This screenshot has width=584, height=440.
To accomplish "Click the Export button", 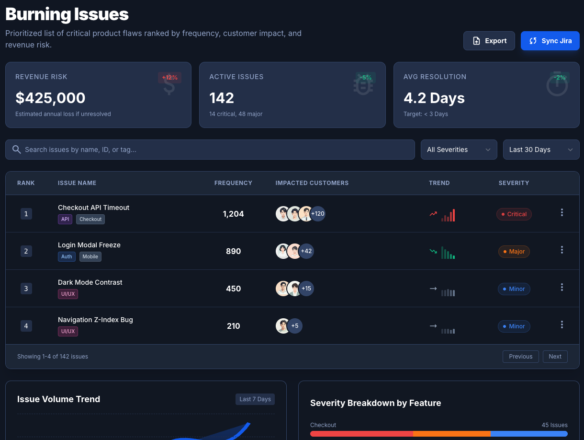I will (x=489, y=41).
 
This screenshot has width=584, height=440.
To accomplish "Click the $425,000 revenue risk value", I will (x=50, y=98).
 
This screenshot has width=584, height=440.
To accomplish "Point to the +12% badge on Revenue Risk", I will (x=169, y=78).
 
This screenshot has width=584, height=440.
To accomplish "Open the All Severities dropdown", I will (x=459, y=150).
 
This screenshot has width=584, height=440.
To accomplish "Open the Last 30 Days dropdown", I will (x=541, y=150).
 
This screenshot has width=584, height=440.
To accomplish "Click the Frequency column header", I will (x=233, y=183).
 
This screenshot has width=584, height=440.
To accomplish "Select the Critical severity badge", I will (x=514, y=214).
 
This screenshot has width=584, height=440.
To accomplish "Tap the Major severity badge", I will (x=514, y=252).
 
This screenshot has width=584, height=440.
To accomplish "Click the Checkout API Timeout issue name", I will (x=93, y=208).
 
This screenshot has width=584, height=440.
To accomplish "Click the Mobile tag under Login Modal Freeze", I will (x=90, y=256).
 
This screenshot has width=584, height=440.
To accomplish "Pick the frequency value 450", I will (x=233, y=289).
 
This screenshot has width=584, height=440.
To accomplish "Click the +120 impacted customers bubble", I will (x=317, y=214).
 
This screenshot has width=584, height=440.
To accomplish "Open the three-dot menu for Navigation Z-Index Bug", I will (x=562, y=324).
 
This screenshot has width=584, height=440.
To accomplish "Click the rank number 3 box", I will (x=26, y=289).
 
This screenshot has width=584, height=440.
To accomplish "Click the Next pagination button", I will (x=555, y=357).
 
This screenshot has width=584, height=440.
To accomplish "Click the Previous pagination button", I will (x=520, y=357).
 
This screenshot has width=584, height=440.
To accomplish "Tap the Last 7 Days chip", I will (x=255, y=399).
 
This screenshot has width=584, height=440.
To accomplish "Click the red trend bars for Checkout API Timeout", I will (x=449, y=216).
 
